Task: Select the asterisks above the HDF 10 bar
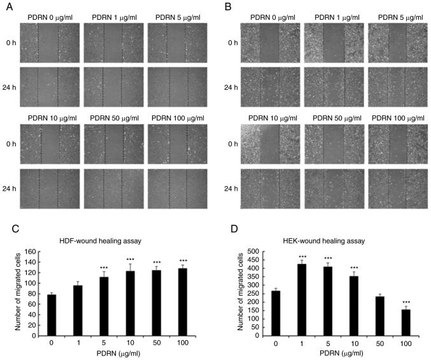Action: pyautogui.click(x=130, y=260)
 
